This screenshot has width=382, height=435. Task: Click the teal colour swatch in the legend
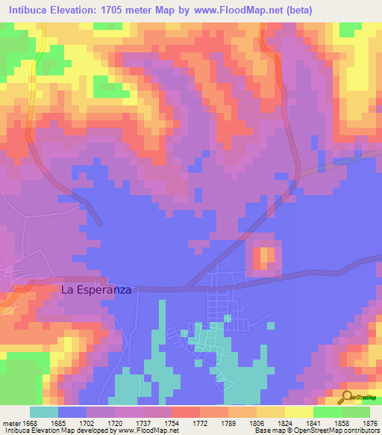coord(44,412)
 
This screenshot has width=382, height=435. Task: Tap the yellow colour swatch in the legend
coord(298,412)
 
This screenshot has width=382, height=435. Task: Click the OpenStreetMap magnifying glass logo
coord(347,396)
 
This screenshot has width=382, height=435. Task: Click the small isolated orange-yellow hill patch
coord(265,258)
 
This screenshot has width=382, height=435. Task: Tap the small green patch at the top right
coord(349,29)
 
